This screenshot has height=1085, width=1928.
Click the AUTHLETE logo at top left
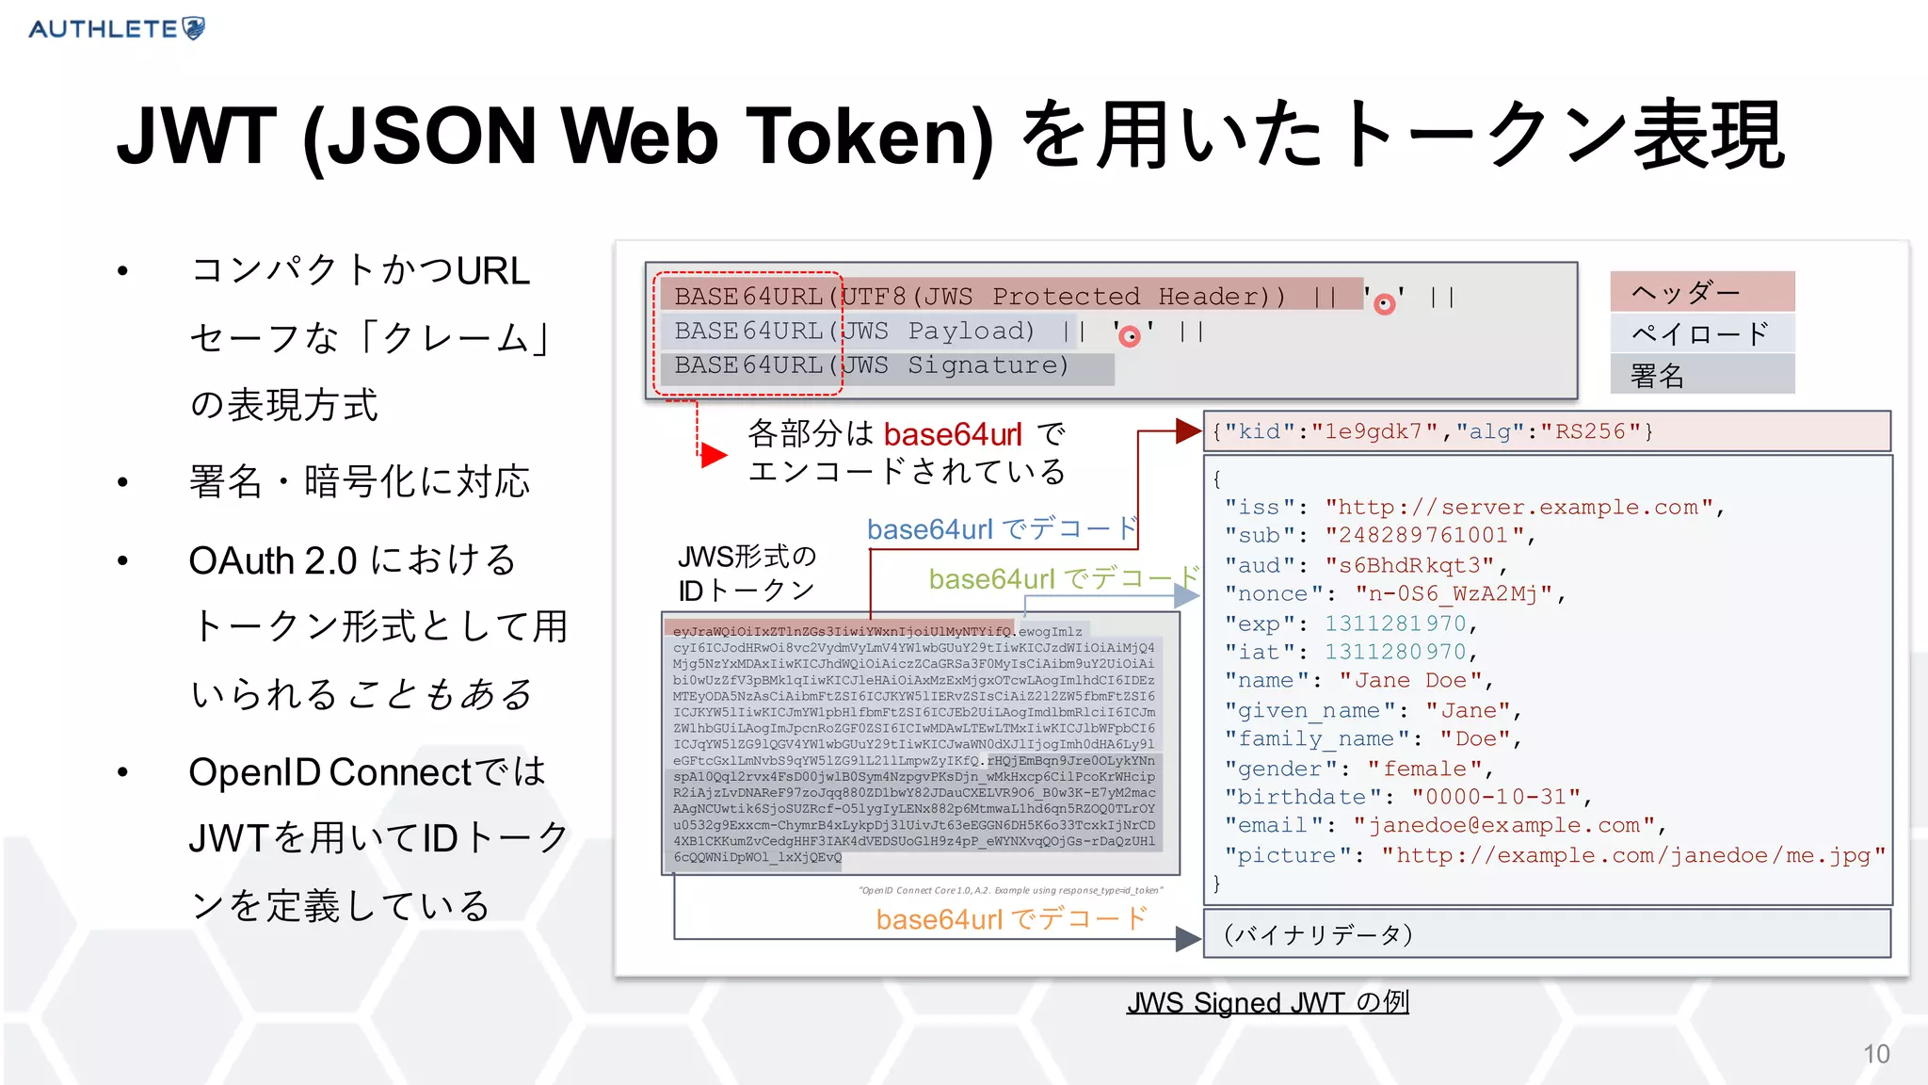[x=117, y=28]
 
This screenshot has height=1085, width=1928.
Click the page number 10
[x=1875, y=1054]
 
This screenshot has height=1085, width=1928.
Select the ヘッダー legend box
[x=1702, y=292]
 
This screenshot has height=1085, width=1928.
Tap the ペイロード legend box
[x=1702, y=333]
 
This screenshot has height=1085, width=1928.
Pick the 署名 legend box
[x=1702, y=375]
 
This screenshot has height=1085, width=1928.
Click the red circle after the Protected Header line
[x=1384, y=303]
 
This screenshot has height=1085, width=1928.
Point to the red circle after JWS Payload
[x=1130, y=336]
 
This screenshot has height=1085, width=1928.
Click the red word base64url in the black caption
[x=952, y=434]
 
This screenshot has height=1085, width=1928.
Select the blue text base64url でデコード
[x=1002, y=528]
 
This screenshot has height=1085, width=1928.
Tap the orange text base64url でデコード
[x=1011, y=918]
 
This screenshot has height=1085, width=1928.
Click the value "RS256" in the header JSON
[x=1590, y=431]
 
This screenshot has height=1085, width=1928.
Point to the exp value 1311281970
[x=1395, y=623]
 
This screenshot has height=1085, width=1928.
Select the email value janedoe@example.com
[x=1503, y=826]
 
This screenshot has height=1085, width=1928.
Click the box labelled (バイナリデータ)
[x=1547, y=934]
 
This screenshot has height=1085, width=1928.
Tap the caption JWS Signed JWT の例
[x=1267, y=1003]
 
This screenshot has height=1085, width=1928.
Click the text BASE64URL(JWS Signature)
[x=871, y=365]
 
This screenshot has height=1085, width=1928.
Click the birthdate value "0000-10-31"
[x=1495, y=797]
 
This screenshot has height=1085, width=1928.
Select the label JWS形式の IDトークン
[x=747, y=573]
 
